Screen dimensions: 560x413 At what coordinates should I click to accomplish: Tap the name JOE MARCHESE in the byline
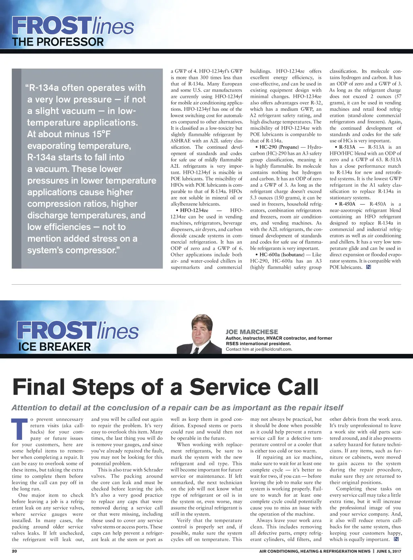coord(252,332)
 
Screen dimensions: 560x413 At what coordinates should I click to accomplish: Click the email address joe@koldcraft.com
coord(273,349)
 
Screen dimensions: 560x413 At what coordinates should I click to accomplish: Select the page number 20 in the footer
coord(15,551)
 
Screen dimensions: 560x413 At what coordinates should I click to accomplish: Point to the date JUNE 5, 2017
coord(389,551)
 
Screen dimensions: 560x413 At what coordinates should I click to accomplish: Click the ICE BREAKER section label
coord(54,347)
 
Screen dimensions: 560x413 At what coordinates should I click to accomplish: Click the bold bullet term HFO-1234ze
coord(194,210)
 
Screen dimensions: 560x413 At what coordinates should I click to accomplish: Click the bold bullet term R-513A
coord(347,147)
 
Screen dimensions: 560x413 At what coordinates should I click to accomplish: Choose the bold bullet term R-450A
coord(347,204)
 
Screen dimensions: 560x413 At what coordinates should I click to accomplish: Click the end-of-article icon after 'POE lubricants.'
coord(368,267)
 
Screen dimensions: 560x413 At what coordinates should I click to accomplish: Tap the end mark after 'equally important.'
coord(396,539)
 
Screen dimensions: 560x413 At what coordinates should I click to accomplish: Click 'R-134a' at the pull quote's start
coord(44,88)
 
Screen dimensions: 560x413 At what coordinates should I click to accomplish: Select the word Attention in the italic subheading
coord(29,408)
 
